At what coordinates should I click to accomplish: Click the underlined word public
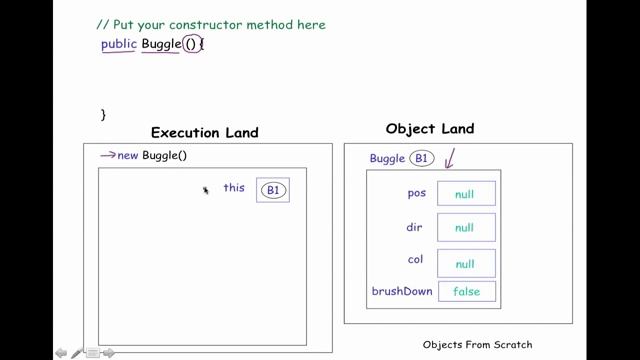pos(118,44)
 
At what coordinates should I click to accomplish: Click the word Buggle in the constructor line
pos(161,44)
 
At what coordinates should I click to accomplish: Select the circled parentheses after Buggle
pos(192,44)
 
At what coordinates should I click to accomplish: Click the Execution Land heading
pos(204,132)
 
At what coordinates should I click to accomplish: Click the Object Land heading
pos(430,129)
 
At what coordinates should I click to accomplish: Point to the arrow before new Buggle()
pos(108,155)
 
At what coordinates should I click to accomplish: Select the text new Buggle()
pos(153,155)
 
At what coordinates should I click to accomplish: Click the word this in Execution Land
pos(234,187)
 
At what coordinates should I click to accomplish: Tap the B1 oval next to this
pos(273,190)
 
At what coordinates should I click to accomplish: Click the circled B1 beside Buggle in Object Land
pos(422,158)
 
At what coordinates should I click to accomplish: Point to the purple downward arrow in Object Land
pos(450,157)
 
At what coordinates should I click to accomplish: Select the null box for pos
pos(466,194)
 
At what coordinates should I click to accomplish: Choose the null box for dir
pos(466,228)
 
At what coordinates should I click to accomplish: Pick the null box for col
pos(466,264)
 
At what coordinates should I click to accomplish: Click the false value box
pos(466,292)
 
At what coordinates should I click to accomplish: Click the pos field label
pos(417,192)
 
